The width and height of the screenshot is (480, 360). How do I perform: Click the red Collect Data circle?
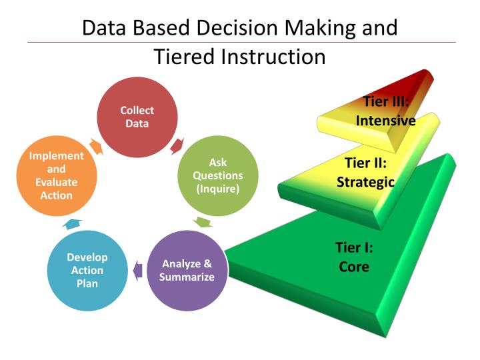click(x=137, y=117)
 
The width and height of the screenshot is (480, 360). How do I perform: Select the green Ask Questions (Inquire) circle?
click(x=217, y=175)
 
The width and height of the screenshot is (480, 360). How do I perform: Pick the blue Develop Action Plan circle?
click(x=87, y=270)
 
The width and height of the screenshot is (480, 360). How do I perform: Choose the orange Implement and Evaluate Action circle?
click(x=57, y=175)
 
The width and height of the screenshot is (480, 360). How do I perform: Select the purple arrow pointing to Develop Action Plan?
click(x=137, y=270)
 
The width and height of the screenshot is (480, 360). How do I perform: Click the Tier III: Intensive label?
click(x=386, y=111)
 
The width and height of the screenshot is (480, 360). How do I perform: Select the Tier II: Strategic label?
click(x=366, y=172)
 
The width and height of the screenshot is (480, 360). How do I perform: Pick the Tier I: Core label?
click(x=353, y=257)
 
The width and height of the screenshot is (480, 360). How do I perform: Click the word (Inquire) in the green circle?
click(x=217, y=189)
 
